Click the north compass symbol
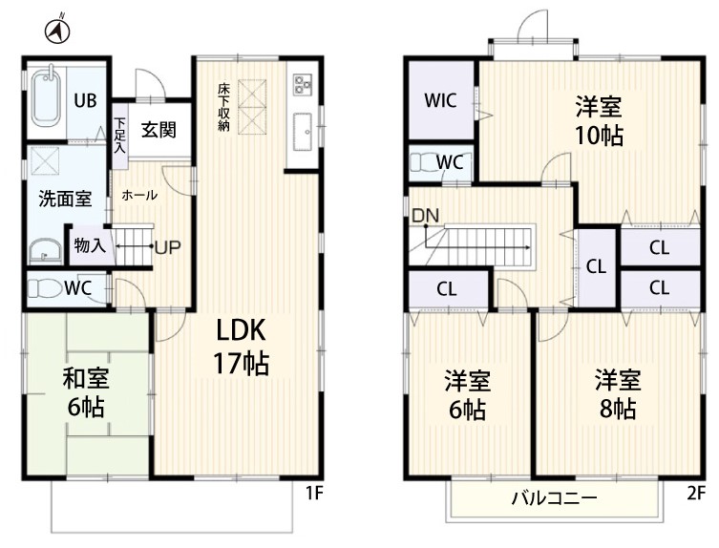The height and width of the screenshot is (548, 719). (x=57, y=31)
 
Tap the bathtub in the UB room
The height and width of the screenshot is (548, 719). (x=47, y=98)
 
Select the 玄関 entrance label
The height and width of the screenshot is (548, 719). (x=159, y=130)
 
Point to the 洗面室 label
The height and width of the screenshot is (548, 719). (x=65, y=199)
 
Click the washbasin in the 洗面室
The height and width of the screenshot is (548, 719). (x=46, y=251)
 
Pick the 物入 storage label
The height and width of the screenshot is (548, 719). (x=90, y=245)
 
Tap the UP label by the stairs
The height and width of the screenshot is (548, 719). (x=168, y=247)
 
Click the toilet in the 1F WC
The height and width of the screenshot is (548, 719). (x=45, y=289)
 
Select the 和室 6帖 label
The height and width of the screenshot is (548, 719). (x=86, y=392)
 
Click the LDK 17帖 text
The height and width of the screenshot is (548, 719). (x=242, y=347)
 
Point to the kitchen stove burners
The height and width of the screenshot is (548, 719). (x=302, y=84)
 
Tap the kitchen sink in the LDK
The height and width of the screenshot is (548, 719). (x=302, y=132)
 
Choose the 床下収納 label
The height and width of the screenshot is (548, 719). (x=223, y=107)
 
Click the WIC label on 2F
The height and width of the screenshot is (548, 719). (x=440, y=100)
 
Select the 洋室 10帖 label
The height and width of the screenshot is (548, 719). (x=599, y=120)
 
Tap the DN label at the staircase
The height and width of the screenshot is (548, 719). (x=426, y=216)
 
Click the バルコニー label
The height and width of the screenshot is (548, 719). (x=555, y=497)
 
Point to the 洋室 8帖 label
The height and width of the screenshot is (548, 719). (x=618, y=394)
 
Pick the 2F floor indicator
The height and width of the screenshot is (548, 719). (x=696, y=493)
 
